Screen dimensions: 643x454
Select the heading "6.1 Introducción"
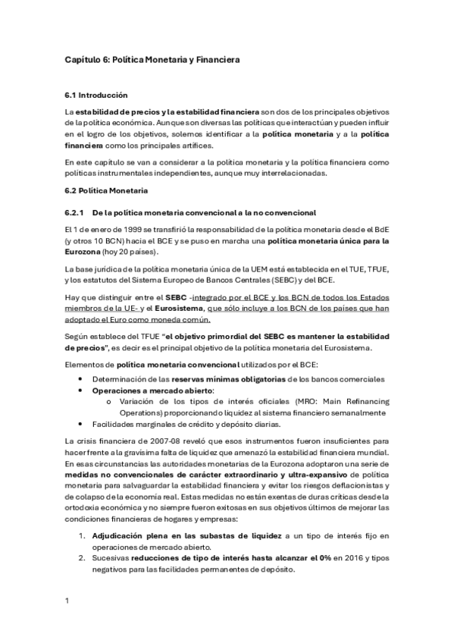tap(97, 96)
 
